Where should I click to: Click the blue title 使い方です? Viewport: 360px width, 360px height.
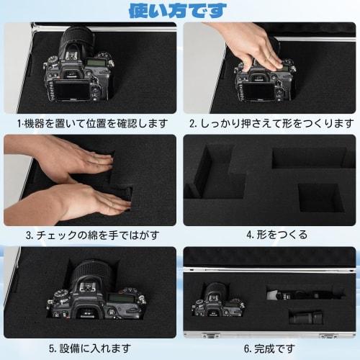177,10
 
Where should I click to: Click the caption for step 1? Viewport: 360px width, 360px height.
90,123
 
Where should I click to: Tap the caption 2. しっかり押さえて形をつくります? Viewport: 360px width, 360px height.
271,123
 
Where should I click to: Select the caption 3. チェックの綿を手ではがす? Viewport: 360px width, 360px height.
90,235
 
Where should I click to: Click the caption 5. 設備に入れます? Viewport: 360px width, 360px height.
90,348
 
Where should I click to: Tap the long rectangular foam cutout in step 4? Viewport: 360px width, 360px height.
310,158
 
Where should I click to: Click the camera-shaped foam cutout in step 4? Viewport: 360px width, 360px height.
212,173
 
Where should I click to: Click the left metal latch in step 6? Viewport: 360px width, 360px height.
209,335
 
